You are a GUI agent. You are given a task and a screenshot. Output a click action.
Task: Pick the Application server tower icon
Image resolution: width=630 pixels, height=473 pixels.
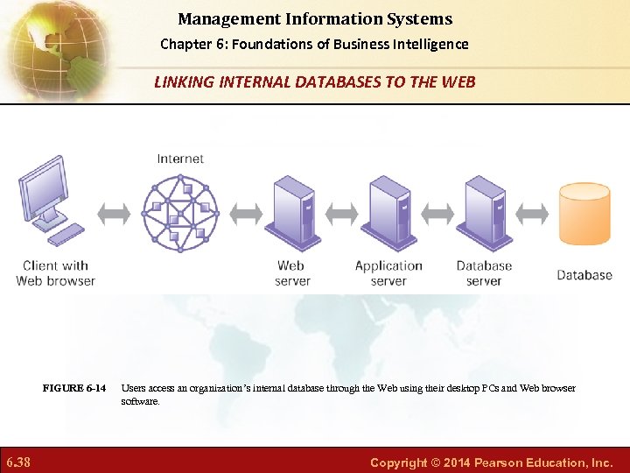(x=389, y=213)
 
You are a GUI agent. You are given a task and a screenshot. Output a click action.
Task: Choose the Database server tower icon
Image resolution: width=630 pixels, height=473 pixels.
(x=484, y=213)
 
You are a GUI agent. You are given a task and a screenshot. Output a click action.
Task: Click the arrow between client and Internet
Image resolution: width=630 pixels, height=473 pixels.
(x=115, y=213)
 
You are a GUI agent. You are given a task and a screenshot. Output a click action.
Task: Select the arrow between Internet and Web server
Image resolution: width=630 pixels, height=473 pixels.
(x=245, y=213)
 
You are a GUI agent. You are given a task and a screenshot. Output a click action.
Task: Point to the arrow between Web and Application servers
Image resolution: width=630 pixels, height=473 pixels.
(x=341, y=213)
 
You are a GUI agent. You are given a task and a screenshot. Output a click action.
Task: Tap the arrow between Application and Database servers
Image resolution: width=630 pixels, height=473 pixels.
(x=437, y=213)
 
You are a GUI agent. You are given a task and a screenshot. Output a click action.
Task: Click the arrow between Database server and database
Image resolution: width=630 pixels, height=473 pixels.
(x=532, y=213)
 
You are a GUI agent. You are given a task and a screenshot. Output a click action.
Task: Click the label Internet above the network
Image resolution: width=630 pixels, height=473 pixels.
(x=180, y=159)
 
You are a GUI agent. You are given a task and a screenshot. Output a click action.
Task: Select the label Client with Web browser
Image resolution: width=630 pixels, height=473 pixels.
(x=55, y=273)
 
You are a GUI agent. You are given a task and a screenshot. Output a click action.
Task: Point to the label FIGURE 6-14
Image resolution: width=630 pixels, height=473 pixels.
(x=74, y=388)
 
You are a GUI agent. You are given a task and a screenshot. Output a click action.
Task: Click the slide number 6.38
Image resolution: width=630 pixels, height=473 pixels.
(x=18, y=462)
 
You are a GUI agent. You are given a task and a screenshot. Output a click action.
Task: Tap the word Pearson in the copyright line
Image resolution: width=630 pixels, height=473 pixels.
(x=505, y=462)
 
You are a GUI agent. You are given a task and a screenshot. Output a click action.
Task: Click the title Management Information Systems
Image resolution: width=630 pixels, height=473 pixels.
(x=315, y=18)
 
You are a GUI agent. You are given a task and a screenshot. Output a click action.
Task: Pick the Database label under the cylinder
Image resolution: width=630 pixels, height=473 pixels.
(x=584, y=275)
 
